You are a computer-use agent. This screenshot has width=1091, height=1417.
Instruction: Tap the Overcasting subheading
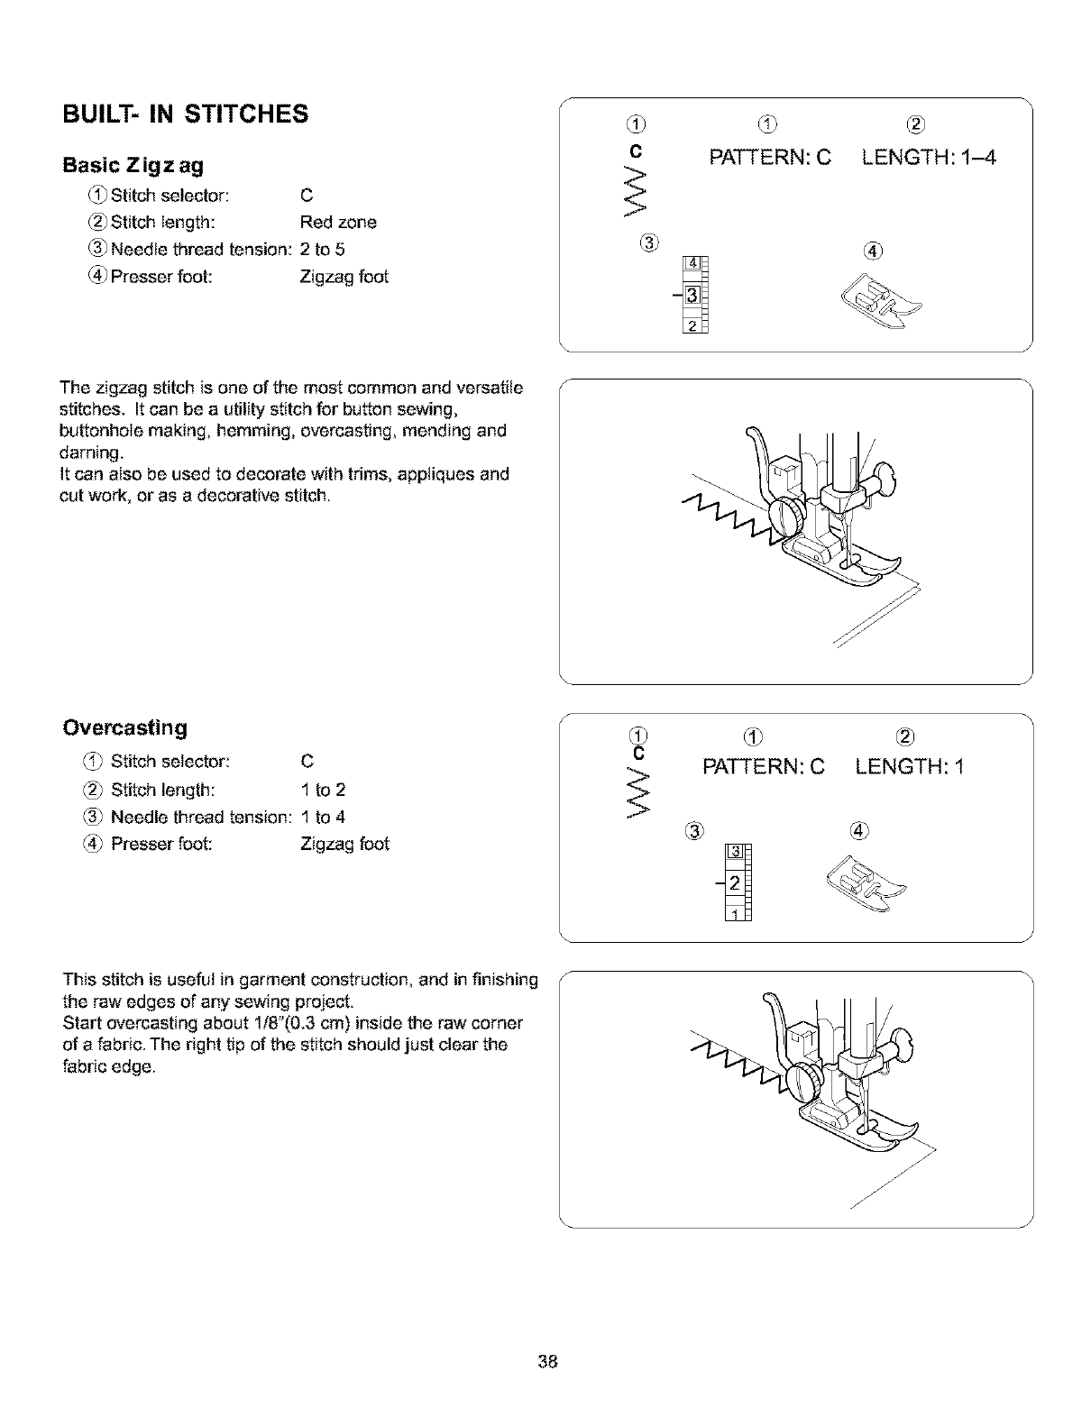(125, 727)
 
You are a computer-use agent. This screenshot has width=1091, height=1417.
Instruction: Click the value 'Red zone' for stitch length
(337, 222)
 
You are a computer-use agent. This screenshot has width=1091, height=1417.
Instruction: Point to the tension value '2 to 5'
(322, 249)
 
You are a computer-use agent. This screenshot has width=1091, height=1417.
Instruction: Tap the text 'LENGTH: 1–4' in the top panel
(929, 160)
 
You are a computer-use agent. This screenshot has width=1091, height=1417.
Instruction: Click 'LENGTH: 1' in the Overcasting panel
(910, 768)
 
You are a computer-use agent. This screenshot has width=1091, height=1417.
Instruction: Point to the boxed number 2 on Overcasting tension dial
(735, 882)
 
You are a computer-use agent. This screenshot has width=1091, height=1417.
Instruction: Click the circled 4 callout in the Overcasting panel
(857, 830)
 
